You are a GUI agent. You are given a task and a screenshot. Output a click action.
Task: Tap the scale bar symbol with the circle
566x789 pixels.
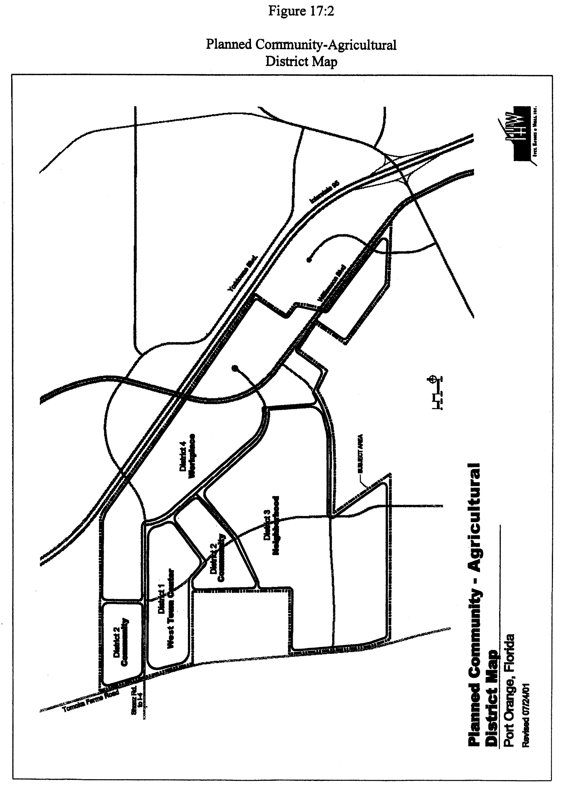point(436,393)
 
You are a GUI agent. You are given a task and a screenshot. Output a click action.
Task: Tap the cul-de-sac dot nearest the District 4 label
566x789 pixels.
point(235,367)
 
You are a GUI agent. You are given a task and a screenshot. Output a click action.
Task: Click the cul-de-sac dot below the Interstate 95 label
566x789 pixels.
point(308,259)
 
